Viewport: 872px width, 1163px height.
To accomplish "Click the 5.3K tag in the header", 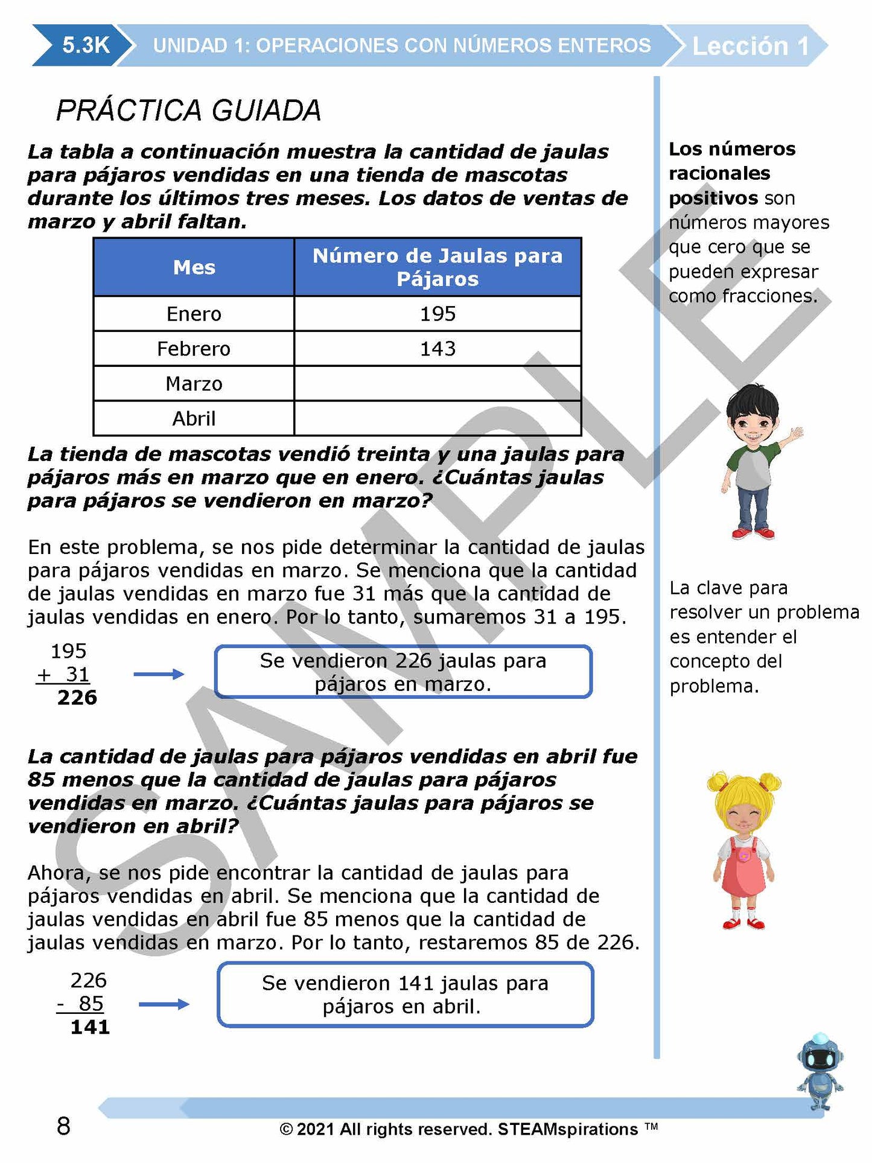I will pyautogui.click(x=85, y=45).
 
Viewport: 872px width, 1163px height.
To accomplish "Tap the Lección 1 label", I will pyautogui.click(x=749, y=46).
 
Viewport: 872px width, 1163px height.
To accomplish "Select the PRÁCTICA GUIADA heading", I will pyautogui.click(x=188, y=110).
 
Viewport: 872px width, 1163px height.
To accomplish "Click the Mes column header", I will pyautogui.click(x=194, y=267).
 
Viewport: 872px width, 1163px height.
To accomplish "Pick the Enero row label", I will pyautogui.click(x=194, y=314).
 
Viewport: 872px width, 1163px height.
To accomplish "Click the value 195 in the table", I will pyautogui.click(x=438, y=314).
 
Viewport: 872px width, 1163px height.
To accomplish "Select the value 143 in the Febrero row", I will pyautogui.click(x=438, y=349).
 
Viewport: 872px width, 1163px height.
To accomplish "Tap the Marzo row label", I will pyautogui.click(x=194, y=384).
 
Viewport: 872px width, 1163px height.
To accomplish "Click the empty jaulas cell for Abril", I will pyautogui.click(x=438, y=418).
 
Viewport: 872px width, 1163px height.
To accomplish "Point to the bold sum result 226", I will pyautogui.click(x=77, y=698).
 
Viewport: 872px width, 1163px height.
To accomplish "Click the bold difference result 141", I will pyautogui.click(x=90, y=1027).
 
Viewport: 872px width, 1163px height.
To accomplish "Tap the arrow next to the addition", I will pyautogui.click(x=159, y=674).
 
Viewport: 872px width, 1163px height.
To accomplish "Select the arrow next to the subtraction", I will pyautogui.click(x=164, y=1004).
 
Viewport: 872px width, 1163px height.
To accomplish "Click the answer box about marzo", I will pyautogui.click(x=403, y=672).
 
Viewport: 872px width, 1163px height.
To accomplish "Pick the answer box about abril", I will pyautogui.click(x=405, y=995).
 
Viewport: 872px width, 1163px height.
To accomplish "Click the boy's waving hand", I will pyautogui.click(x=796, y=434).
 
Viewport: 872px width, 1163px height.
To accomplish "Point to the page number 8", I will pyautogui.click(x=63, y=1126).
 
